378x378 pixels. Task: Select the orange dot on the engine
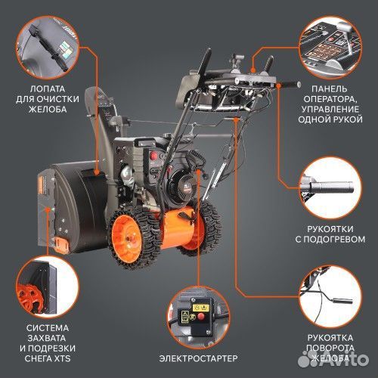point(198,175)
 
